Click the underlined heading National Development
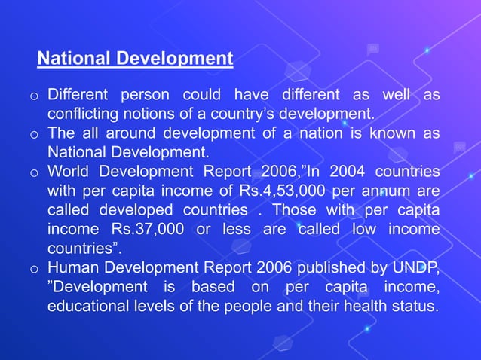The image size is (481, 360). click(x=135, y=59)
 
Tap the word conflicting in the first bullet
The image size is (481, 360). click(x=83, y=115)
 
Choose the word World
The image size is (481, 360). click(x=69, y=172)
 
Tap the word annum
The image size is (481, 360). click(x=390, y=191)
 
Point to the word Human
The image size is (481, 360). click(x=72, y=267)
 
